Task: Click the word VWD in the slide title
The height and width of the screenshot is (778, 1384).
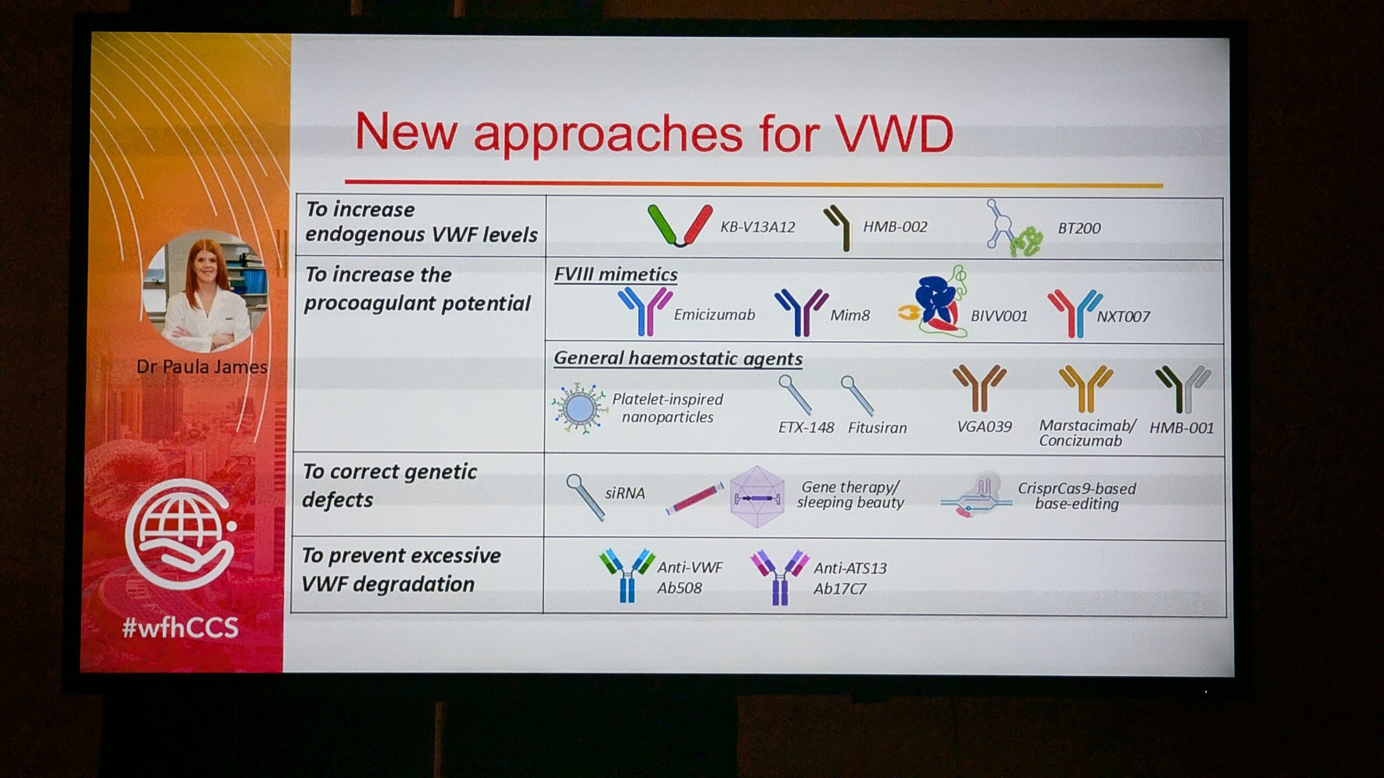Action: (894, 133)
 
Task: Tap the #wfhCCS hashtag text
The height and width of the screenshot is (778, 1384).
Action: (180, 627)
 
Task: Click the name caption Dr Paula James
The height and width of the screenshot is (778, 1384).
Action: (202, 367)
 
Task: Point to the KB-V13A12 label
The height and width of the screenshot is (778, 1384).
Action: (757, 227)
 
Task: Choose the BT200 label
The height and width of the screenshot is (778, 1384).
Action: (1079, 228)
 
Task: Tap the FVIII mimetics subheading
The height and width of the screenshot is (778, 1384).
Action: (616, 274)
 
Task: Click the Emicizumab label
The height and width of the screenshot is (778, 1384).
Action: (714, 314)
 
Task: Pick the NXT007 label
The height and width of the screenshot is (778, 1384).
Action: (1123, 316)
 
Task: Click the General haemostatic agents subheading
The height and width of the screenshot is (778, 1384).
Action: (678, 358)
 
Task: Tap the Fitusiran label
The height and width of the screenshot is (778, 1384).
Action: (877, 428)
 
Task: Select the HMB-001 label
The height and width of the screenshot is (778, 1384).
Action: (1181, 428)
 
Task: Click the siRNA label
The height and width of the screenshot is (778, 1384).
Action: (624, 493)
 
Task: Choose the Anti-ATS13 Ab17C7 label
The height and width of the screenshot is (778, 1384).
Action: (850, 578)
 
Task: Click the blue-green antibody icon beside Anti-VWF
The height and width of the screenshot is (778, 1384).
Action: (627, 575)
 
